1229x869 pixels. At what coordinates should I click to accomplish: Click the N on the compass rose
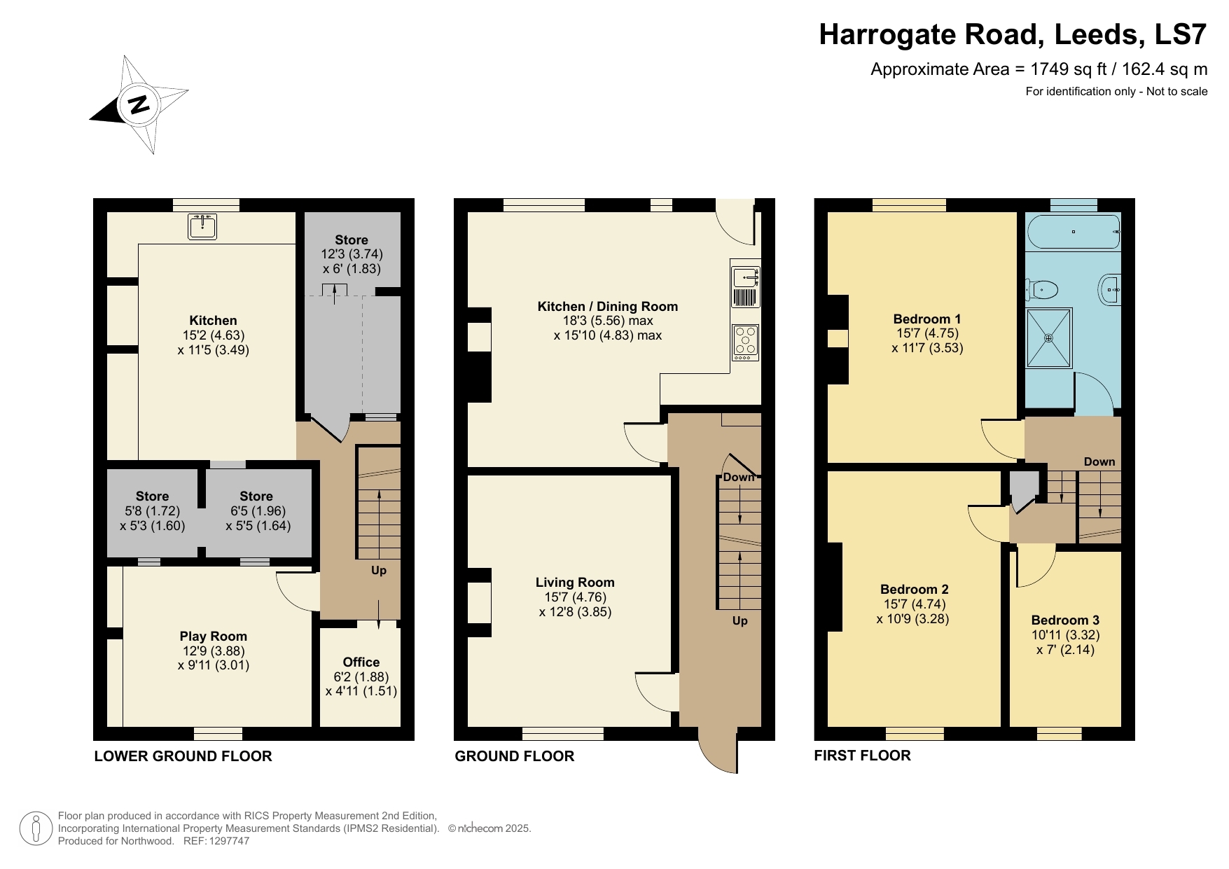click(x=139, y=104)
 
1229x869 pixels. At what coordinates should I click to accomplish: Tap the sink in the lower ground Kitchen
click(x=202, y=226)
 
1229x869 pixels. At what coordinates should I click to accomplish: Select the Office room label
click(x=361, y=662)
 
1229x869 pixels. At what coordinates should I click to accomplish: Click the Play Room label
click(x=213, y=636)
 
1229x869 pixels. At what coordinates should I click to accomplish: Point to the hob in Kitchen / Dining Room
click(x=745, y=342)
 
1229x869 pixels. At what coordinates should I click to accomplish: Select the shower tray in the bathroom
click(x=1048, y=338)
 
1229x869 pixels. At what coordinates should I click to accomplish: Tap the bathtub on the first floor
click(x=1073, y=232)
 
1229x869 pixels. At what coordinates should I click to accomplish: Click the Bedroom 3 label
click(x=1064, y=620)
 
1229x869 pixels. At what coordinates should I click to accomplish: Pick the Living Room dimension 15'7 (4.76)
click(x=575, y=597)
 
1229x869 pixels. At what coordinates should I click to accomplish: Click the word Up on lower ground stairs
click(x=378, y=570)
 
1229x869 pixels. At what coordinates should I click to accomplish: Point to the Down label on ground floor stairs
click(x=738, y=477)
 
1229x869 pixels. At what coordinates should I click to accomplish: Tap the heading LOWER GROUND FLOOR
click(x=183, y=756)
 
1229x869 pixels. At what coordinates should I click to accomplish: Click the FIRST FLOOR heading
click(x=862, y=755)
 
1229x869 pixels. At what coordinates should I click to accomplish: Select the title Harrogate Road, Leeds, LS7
click(x=1013, y=34)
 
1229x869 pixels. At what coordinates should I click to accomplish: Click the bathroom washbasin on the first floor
click(x=1111, y=288)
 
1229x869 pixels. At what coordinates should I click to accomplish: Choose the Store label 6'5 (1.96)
click(x=257, y=511)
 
